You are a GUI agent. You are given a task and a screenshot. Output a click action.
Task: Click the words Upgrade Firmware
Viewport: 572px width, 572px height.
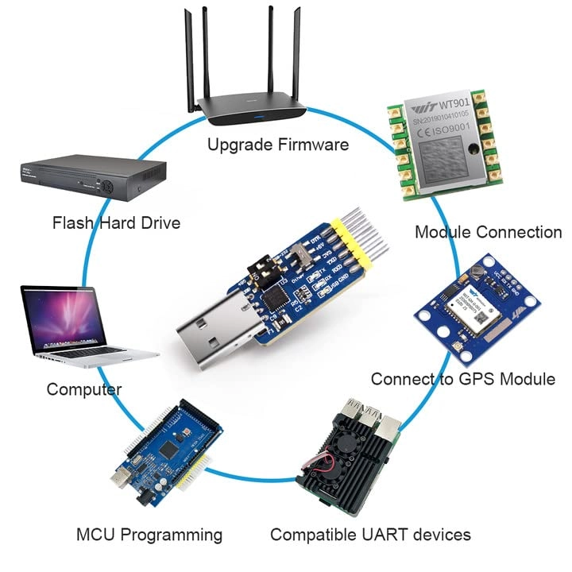pos(277,145)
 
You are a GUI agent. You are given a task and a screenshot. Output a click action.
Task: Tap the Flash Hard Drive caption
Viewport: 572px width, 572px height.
pos(116,222)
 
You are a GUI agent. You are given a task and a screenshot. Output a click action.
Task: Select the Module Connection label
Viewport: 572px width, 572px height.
pos(488,232)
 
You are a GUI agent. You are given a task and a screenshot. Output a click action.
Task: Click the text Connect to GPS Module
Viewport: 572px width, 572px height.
pos(462,379)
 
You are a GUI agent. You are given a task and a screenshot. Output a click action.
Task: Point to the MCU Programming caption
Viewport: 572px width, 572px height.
pos(149,535)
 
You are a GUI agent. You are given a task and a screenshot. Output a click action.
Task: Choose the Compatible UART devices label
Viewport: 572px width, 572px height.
pos(370,535)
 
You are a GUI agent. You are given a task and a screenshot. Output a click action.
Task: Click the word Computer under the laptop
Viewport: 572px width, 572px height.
pos(83,389)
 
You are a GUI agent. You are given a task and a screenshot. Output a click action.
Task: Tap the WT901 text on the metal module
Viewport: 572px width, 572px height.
pos(457,105)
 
